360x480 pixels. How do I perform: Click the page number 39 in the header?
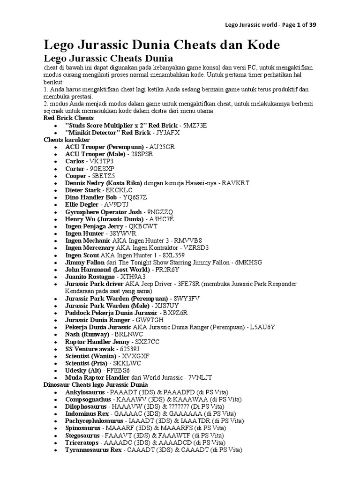coord(312,25)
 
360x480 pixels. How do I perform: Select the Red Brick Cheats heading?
coord(68,118)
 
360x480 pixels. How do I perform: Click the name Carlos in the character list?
coord(75,161)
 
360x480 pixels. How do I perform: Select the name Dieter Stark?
coord(83,190)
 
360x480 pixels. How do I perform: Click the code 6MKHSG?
coord(248,262)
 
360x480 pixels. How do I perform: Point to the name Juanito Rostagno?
coord(90,277)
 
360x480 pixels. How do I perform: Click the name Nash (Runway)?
coord(87,334)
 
